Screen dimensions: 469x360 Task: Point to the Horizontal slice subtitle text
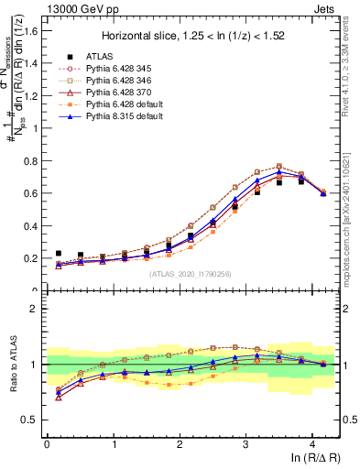pos(193,37)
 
